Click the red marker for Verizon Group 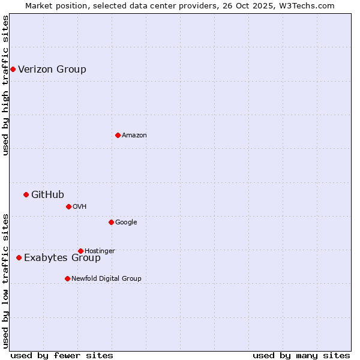(13, 69)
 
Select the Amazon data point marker (118, 135)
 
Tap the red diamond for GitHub (26, 194)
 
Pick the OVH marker (68, 206)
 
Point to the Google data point (111, 222)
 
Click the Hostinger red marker (80, 251)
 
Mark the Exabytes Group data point (19, 257)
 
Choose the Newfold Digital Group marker (67, 278)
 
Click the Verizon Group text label (52, 69)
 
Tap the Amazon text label (134, 135)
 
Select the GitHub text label (47, 194)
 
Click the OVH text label (80, 206)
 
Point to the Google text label (126, 222)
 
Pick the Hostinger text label (100, 251)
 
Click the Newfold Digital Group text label (106, 278)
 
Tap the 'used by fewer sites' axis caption (62, 355)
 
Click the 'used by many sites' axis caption (301, 355)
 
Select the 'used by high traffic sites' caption (5, 85)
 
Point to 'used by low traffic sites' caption (5, 281)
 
